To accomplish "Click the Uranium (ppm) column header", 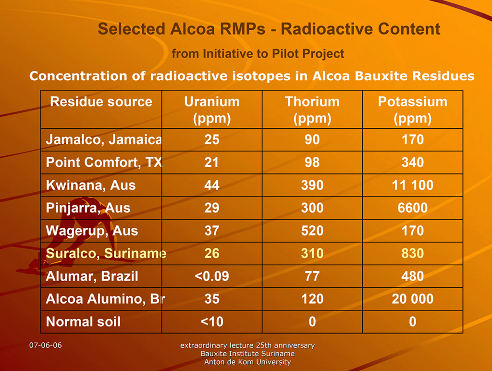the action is [212, 110].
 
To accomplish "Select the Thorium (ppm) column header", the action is [312, 110].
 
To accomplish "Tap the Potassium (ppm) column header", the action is [413, 110].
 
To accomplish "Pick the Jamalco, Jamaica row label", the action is [104, 140].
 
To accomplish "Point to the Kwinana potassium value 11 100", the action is [413, 185].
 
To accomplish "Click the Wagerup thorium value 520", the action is [312, 231].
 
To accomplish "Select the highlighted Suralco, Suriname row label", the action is [106, 253].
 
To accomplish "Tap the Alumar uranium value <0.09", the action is [212, 276].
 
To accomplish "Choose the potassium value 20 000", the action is [413, 299].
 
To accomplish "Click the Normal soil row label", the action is [83, 322].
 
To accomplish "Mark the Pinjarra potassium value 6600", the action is [413, 208].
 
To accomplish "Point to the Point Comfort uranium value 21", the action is [211, 162].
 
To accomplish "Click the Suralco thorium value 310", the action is [312, 253].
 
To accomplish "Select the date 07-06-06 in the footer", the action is [46, 345].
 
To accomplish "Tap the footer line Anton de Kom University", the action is [247, 362].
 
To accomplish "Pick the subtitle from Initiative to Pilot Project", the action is [258, 54].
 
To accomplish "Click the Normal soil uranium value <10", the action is [212, 322].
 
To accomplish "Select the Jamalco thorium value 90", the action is [312, 140].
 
